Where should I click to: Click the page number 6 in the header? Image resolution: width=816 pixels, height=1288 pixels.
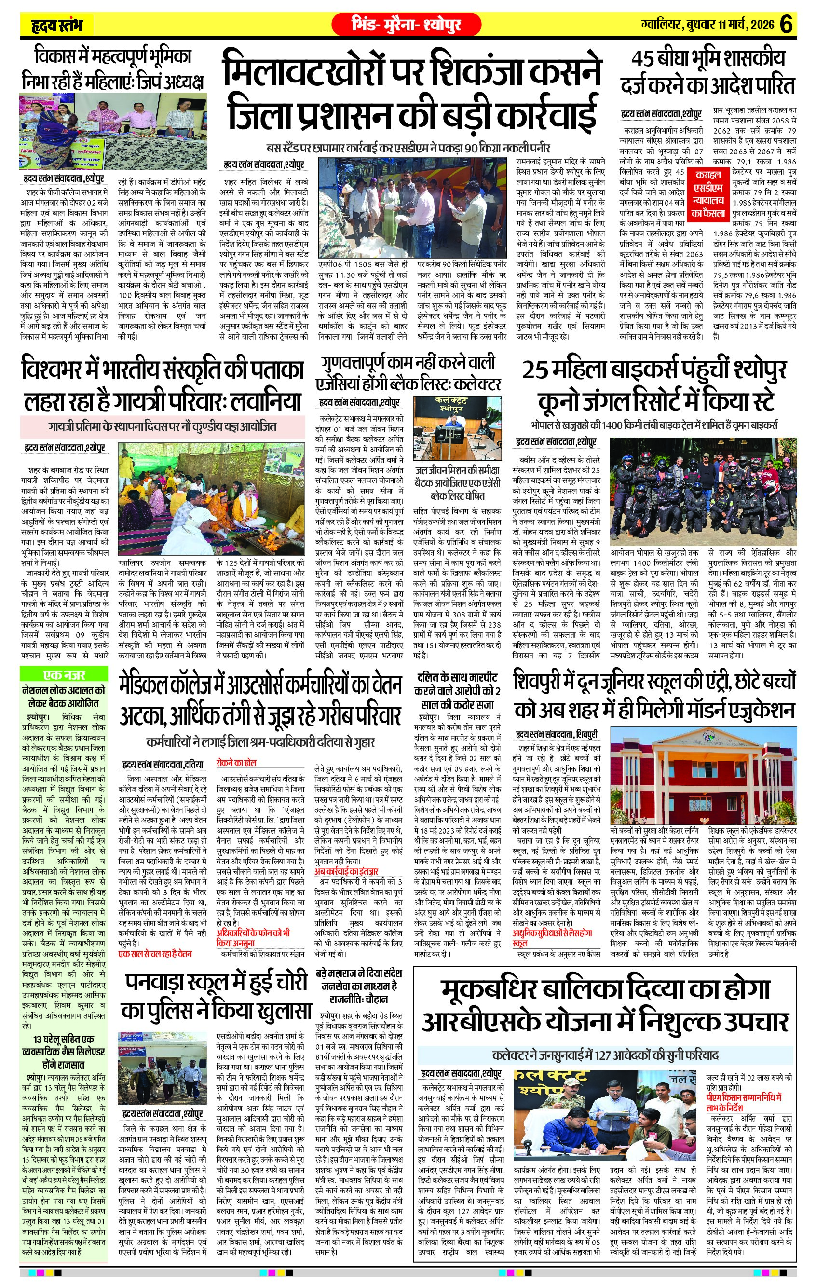(786, 25)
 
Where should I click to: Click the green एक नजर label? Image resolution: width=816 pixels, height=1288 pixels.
(64, 674)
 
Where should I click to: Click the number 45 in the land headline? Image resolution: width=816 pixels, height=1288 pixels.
(644, 59)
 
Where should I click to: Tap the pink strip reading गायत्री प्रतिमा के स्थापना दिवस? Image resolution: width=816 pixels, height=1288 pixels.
(162, 427)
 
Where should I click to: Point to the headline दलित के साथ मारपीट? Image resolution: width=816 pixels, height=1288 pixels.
(457, 678)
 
